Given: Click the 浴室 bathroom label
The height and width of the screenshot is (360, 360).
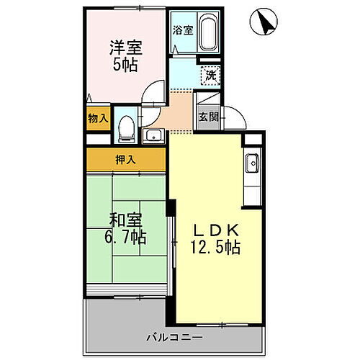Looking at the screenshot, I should click(183, 30).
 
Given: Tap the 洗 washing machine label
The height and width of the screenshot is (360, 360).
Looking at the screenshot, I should click(211, 74).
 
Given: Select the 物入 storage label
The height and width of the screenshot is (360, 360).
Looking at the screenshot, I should click(97, 118).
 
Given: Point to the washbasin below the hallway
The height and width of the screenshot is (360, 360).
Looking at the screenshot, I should click(152, 135).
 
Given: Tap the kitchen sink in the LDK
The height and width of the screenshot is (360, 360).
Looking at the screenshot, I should click(253, 165).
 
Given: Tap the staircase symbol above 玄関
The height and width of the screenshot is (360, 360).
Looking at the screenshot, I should click(209, 100).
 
